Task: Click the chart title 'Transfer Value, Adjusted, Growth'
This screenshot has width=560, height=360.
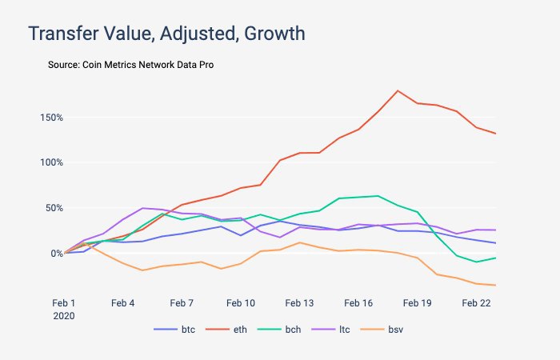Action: pos(166,34)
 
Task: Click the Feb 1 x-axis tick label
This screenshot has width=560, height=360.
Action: pos(63,303)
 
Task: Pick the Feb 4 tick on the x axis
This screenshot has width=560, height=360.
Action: pos(123,303)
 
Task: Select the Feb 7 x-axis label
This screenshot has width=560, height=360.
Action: pos(182,303)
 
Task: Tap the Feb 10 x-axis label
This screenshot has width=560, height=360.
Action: pos(241,303)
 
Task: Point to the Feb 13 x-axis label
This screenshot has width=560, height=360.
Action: pos(299,303)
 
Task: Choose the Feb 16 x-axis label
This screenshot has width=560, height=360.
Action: pos(358,303)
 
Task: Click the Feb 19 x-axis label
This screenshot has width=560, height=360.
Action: pos(417,303)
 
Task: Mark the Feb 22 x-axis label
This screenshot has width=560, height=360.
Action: pos(476,303)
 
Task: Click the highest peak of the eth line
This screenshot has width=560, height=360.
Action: pos(398,90)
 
